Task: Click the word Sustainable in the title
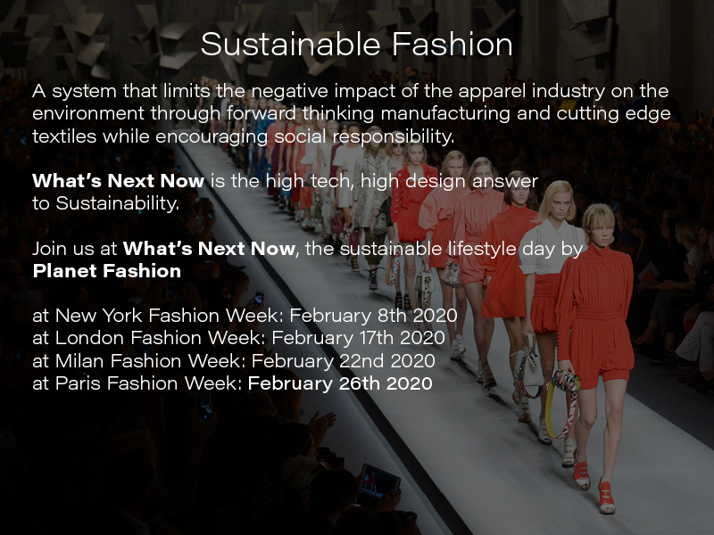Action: coord(291,44)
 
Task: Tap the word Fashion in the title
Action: coord(452,44)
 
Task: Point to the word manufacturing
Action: coord(445,114)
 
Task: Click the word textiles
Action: coord(64,136)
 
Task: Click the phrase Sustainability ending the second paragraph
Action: coord(118,204)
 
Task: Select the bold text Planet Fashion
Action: coord(107,271)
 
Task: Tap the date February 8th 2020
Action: coord(373,316)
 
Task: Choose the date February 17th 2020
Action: coord(359,338)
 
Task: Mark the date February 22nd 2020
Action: coord(344,361)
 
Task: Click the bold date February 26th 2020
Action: coord(340,383)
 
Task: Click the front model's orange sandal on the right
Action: coord(607,497)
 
